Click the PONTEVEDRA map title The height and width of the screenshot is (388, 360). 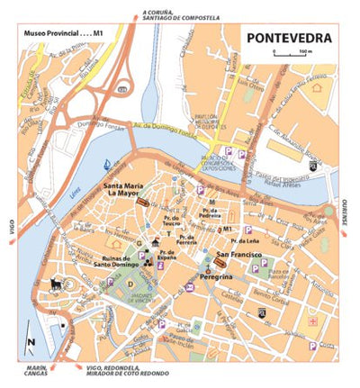289,39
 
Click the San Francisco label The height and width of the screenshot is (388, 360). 238,256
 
